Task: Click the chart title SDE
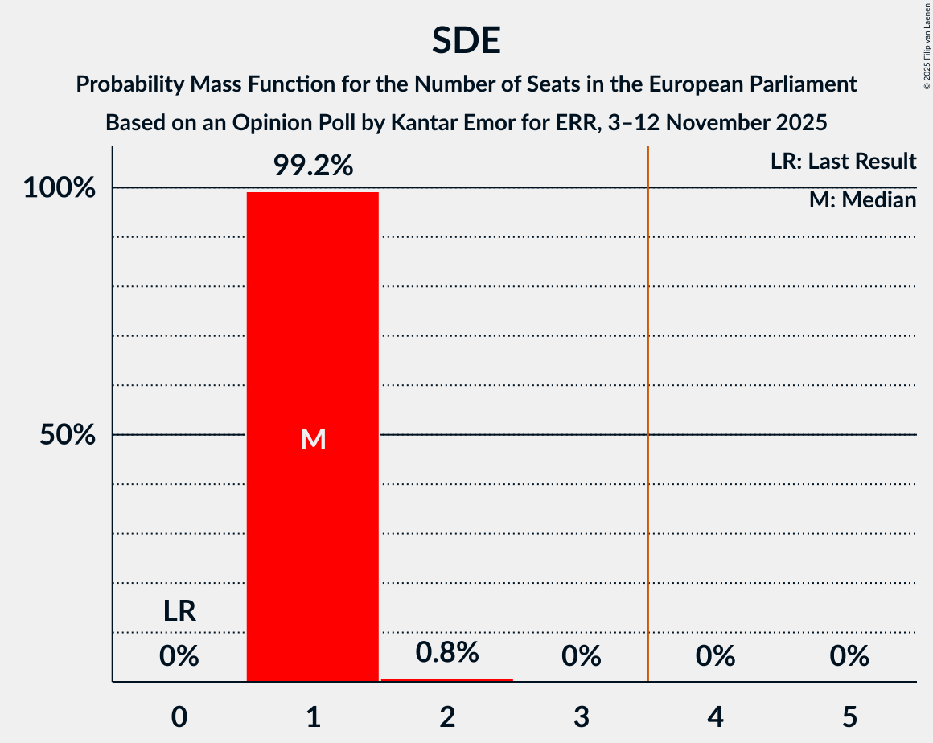[x=466, y=41]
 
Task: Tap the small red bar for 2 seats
[x=446, y=679]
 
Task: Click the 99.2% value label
[x=312, y=166]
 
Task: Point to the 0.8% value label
[x=446, y=652]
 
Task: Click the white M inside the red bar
[x=312, y=439]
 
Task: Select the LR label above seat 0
[x=179, y=611]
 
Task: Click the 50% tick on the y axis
[x=68, y=435]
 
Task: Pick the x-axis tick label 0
[x=179, y=716]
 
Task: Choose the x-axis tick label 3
[x=581, y=716]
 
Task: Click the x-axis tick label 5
[x=849, y=716]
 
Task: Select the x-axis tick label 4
[x=715, y=716]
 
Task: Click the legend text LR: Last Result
[x=842, y=162]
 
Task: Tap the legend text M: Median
[x=862, y=200]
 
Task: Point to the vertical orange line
[x=648, y=402]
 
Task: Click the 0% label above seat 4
[x=715, y=657]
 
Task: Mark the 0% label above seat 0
[x=179, y=657]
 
